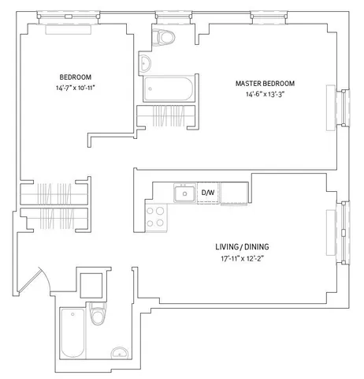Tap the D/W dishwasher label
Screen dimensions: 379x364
click(x=208, y=193)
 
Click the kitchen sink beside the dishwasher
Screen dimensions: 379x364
click(x=184, y=193)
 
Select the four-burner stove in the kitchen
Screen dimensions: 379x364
click(x=154, y=217)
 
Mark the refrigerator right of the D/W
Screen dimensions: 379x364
click(x=235, y=193)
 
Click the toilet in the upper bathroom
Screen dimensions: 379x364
click(x=166, y=37)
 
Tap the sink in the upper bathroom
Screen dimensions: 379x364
click(x=147, y=64)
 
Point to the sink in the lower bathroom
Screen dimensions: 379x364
click(x=119, y=352)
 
